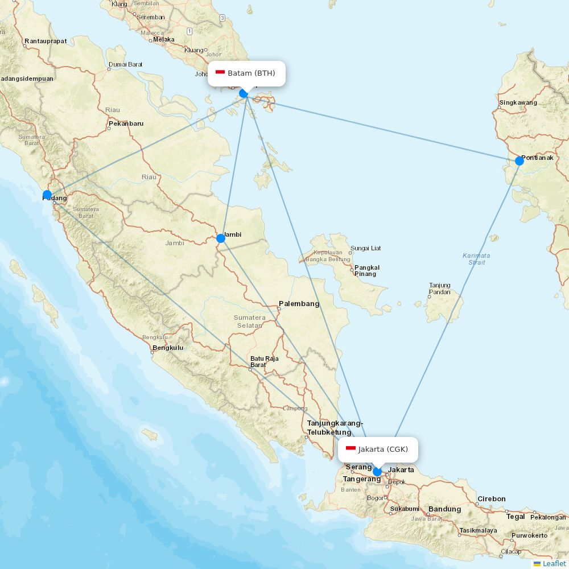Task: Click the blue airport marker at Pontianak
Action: [519, 161]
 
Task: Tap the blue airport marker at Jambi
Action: [221, 238]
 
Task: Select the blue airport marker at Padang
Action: [47, 195]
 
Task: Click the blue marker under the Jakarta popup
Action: [377, 472]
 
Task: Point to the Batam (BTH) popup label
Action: [251, 73]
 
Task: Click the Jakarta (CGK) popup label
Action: [383, 449]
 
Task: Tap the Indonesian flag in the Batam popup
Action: [220, 72]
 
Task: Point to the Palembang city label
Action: [299, 304]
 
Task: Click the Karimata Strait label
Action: [476, 259]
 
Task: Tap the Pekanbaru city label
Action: [126, 123]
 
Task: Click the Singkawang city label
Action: [518, 103]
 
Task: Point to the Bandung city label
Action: [444, 509]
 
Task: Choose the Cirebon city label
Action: [491, 498]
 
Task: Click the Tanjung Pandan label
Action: [440, 288]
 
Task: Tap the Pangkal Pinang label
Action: [366, 270]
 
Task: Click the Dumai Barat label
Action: [126, 64]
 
